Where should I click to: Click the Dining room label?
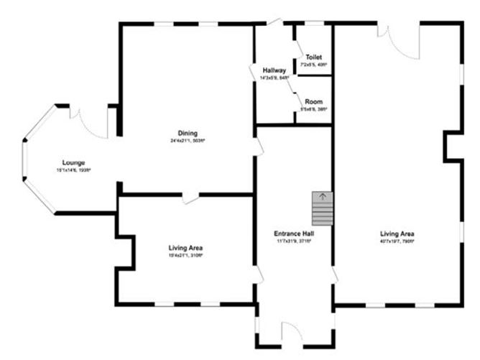[188, 133]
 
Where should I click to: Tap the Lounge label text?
[73, 162]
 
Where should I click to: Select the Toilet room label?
[313, 57]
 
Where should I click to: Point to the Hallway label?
[274, 70]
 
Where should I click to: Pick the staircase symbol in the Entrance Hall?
[322, 208]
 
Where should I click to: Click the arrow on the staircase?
[322, 195]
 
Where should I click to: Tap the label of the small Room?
[313, 101]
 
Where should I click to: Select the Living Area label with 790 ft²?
[397, 234]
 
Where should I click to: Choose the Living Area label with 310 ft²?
[185, 248]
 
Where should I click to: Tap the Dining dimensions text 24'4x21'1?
[188, 141]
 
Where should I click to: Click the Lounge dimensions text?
[73, 170]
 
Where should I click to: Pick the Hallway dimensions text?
[274, 78]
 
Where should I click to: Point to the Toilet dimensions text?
[315, 65]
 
